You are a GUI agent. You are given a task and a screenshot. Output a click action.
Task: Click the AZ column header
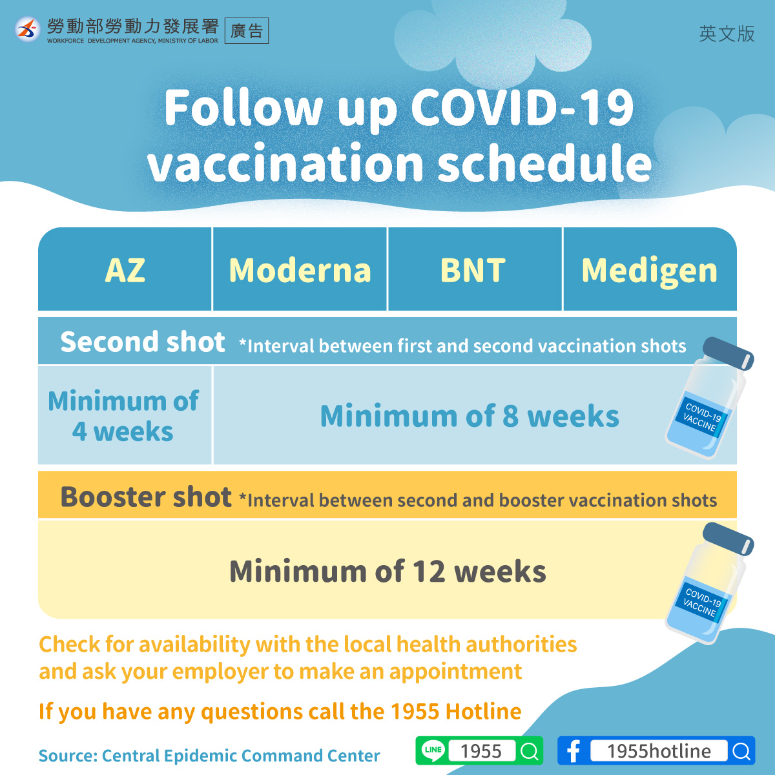pyautogui.click(x=125, y=270)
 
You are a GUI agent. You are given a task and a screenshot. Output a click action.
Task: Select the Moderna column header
pyautogui.click(x=300, y=270)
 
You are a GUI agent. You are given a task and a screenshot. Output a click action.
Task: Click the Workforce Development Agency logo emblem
pyautogui.click(x=27, y=29)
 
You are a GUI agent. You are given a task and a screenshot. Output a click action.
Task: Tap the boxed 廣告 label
pyautogui.click(x=247, y=30)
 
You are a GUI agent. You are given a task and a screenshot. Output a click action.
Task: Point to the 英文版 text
pyautogui.click(x=727, y=34)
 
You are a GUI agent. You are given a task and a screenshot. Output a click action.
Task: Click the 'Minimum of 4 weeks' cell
pyautogui.click(x=123, y=416)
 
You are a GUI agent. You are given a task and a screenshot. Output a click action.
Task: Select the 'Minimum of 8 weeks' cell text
pyautogui.click(x=470, y=416)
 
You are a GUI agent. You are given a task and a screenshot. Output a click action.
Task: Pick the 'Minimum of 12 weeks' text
pyautogui.click(x=387, y=571)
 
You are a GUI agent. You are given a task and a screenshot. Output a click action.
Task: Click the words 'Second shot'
pyautogui.click(x=142, y=342)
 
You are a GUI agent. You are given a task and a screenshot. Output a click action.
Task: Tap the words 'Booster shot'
pyautogui.click(x=145, y=497)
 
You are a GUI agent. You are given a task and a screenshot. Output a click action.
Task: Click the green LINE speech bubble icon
pyautogui.click(x=433, y=750)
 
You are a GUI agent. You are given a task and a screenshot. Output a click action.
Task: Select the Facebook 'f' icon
pyautogui.click(x=573, y=751)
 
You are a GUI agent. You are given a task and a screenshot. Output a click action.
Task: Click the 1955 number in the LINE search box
pyautogui.click(x=481, y=751)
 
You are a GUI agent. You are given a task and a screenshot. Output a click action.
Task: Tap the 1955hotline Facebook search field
pyautogui.click(x=658, y=751)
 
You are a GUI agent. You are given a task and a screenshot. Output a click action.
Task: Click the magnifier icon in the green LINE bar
pyautogui.click(x=530, y=751)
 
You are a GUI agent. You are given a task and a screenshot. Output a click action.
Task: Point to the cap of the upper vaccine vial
pyautogui.click(x=728, y=353)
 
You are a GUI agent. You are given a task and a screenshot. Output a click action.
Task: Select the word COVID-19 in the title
pyautogui.click(x=522, y=107)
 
